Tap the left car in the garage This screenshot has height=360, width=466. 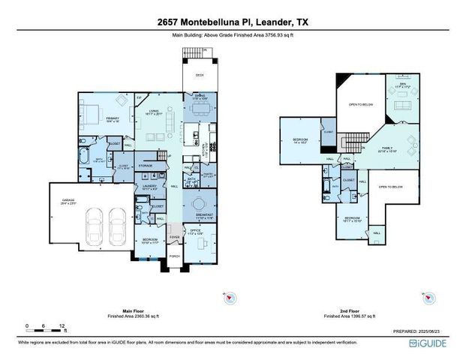click(96, 223)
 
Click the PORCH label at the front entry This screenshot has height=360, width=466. click(174, 256)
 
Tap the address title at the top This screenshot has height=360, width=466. click(233, 22)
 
